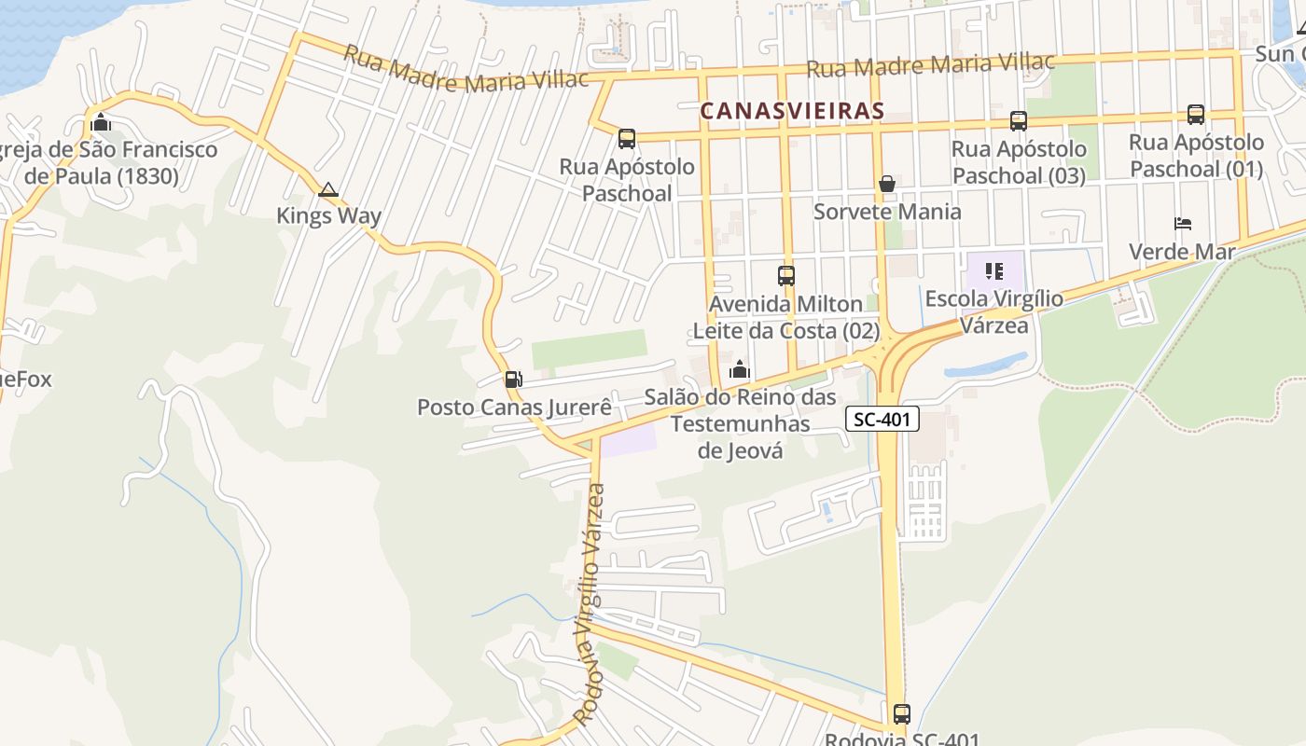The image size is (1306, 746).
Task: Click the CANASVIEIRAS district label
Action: (x=792, y=111)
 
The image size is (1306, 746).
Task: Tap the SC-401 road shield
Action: (x=882, y=420)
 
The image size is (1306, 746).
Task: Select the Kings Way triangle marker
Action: (x=327, y=190)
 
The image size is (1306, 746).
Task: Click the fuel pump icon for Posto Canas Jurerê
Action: (x=513, y=380)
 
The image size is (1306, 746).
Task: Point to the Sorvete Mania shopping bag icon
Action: (x=887, y=184)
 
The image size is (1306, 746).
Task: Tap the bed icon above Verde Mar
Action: (x=1183, y=224)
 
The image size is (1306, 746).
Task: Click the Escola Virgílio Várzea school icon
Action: (x=994, y=271)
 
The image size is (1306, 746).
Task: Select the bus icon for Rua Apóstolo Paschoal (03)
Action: (x=1019, y=121)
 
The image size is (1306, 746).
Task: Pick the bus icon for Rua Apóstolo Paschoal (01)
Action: (x=1196, y=115)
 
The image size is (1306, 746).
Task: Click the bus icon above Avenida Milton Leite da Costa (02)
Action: (x=786, y=276)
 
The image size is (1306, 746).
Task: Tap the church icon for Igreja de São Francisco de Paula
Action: (x=101, y=122)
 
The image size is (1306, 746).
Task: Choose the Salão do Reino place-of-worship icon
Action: (x=740, y=370)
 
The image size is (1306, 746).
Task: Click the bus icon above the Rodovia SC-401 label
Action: (x=902, y=714)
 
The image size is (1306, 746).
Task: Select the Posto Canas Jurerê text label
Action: (x=514, y=408)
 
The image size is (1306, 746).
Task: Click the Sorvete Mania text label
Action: (x=887, y=212)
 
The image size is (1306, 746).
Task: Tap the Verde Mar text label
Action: (x=1182, y=252)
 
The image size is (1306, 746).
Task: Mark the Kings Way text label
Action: (x=328, y=216)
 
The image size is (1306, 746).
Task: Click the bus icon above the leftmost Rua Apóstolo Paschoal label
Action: (x=627, y=139)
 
